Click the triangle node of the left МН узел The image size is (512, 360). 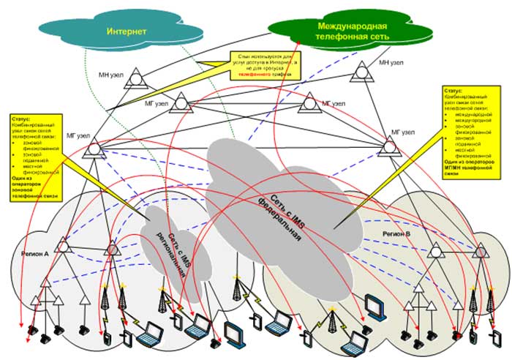133,81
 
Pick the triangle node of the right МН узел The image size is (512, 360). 361,72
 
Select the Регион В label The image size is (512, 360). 399,233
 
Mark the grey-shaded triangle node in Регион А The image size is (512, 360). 113,250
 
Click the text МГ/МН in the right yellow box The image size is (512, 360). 453,168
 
